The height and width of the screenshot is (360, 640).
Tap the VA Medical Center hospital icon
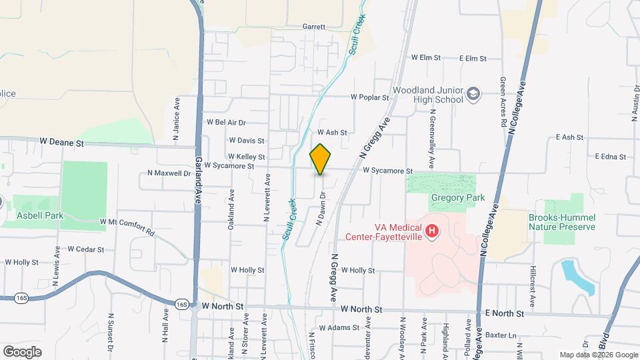[x=433, y=231]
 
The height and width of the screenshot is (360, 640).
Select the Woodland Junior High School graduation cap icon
[x=473, y=94]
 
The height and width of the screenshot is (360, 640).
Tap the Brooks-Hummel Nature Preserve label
[x=561, y=222]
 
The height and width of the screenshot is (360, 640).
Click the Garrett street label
[x=313, y=27]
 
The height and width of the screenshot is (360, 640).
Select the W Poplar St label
[x=371, y=97]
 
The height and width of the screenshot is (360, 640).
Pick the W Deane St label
[x=61, y=142]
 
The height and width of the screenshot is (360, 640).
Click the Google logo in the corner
[x=22, y=351]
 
